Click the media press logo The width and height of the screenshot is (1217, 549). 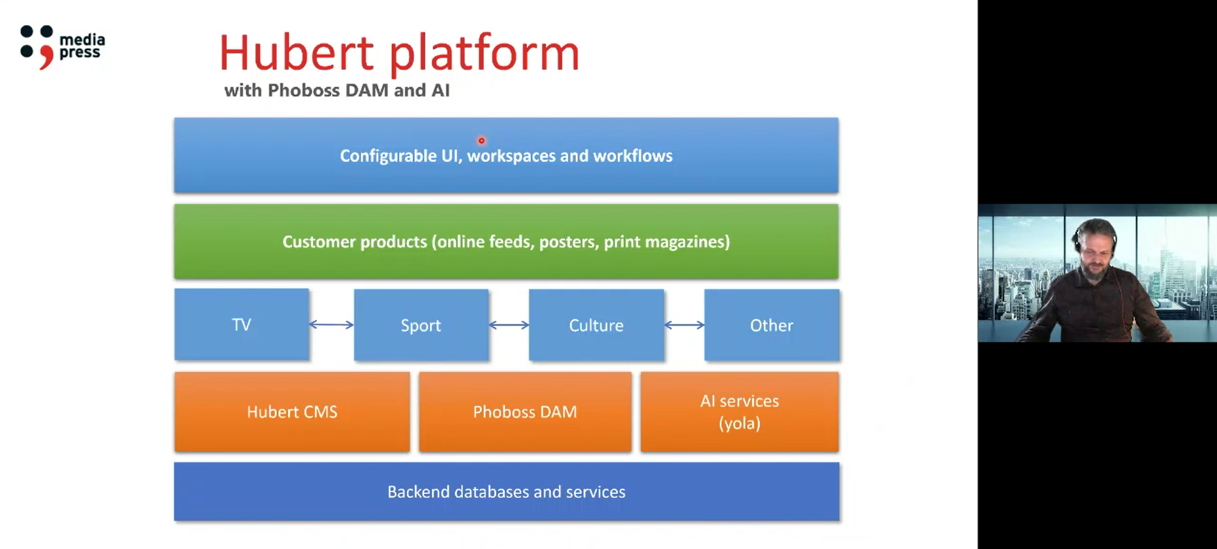pyautogui.click(x=63, y=47)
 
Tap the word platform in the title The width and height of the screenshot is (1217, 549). pyautogui.click(x=484, y=54)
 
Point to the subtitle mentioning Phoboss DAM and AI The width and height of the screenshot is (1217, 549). pyautogui.click(x=337, y=90)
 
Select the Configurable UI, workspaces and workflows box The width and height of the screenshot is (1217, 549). pyautogui.click(x=506, y=155)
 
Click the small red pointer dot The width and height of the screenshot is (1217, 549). pyautogui.click(x=481, y=141)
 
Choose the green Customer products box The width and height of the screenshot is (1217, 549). pyautogui.click(x=506, y=241)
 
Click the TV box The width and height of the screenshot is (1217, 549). pyautogui.click(x=242, y=324)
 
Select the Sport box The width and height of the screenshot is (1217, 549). pyautogui.click(x=421, y=325)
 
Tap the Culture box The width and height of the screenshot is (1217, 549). pyautogui.click(x=596, y=325)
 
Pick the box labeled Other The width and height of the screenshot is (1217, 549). pyautogui.click(x=771, y=325)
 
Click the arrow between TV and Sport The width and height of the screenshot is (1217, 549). pyautogui.click(x=332, y=325)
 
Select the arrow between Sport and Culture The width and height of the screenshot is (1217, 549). pyautogui.click(x=509, y=325)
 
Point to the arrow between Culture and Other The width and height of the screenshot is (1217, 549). pyautogui.click(x=684, y=325)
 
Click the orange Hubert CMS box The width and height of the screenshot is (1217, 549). pyautogui.click(x=292, y=412)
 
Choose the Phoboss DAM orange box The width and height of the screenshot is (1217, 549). pyautogui.click(x=525, y=412)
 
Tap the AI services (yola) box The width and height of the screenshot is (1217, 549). pyautogui.click(x=740, y=412)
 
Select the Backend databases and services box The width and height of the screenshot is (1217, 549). pyautogui.click(x=506, y=491)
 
